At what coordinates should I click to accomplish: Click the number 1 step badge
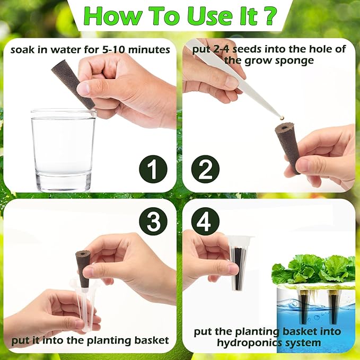153,169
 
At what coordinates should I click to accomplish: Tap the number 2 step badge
205,169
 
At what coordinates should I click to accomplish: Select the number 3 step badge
153,221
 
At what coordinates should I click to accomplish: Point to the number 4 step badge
205,221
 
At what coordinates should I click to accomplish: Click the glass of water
64,150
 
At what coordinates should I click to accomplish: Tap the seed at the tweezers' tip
282,118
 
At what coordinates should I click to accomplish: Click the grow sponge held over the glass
73,84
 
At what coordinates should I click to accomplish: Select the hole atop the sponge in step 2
285,126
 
